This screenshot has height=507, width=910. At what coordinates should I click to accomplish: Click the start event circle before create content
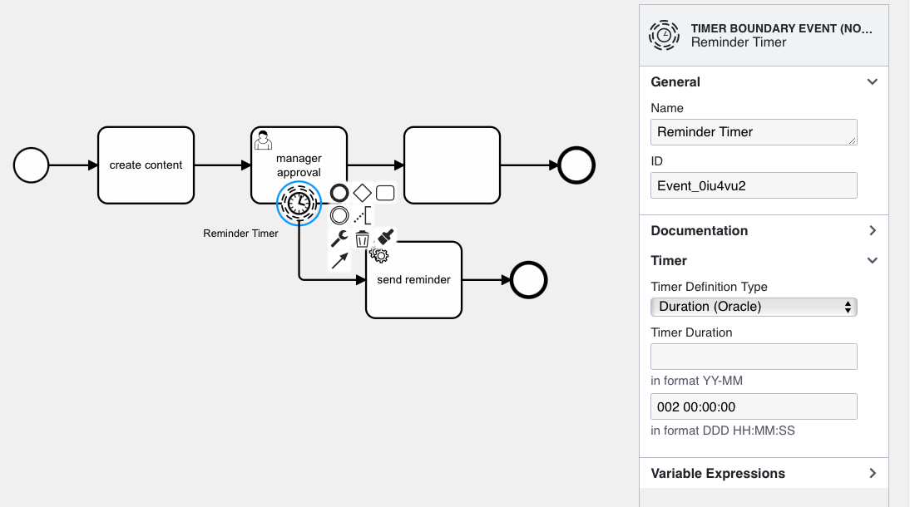pyautogui.click(x=31, y=165)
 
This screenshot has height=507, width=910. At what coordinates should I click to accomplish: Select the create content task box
pyautogui.click(x=146, y=165)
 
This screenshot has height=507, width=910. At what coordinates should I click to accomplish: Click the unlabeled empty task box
pyautogui.click(x=452, y=165)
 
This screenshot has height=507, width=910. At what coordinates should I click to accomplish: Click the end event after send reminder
pyautogui.click(x=528, y=280)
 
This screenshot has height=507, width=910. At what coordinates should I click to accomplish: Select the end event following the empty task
pyautogui.click(x=576, y=165)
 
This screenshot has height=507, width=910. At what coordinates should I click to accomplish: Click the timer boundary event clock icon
pyautogui.click(x=299, y=203)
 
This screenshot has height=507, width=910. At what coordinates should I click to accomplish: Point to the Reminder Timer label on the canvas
pyautogui.click(x=240, y=234)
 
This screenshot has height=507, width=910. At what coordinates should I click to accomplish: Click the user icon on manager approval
pyautogui.click(x=263, y=140)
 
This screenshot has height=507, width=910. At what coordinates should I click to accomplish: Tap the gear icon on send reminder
pyautogui.click(x=379, y=254)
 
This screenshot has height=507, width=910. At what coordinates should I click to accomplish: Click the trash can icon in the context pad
pyautogui.click(x=362, y=239)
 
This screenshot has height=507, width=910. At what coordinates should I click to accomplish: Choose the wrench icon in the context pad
pyautogui.click(x=339, y=239)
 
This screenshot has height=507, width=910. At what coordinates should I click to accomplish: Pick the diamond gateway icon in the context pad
pyautogui.click(x=362, y=193)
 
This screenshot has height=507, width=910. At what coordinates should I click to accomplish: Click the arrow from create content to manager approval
pyautogui.click(x=222, y=165)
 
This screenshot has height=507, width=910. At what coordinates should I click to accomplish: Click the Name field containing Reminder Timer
pyautogui.click(x=753, y=132)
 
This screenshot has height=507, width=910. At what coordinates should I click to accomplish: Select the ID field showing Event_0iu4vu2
pyautogui.click(x=753, y=185)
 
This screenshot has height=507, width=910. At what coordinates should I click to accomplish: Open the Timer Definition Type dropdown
pyautogui.click(x=753, y=307)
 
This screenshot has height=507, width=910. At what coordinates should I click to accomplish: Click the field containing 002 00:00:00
pyautogui.click(x=753, y=406)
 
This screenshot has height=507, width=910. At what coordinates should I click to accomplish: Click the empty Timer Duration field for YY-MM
pyautogui.click(x=753, y=357)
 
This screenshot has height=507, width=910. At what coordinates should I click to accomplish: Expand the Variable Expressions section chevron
pyautogui.click(x=873, y=474)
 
